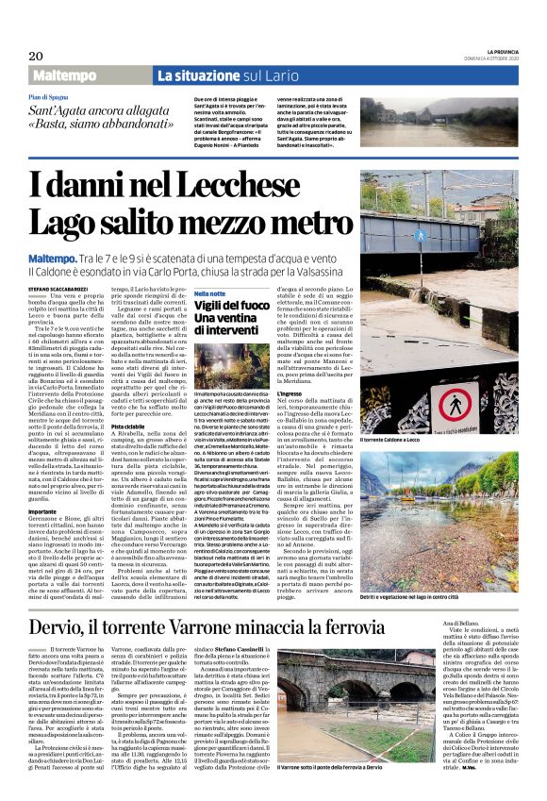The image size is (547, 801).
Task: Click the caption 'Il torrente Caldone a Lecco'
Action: point(401,439)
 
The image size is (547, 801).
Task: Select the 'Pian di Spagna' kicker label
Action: point(50,97)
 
